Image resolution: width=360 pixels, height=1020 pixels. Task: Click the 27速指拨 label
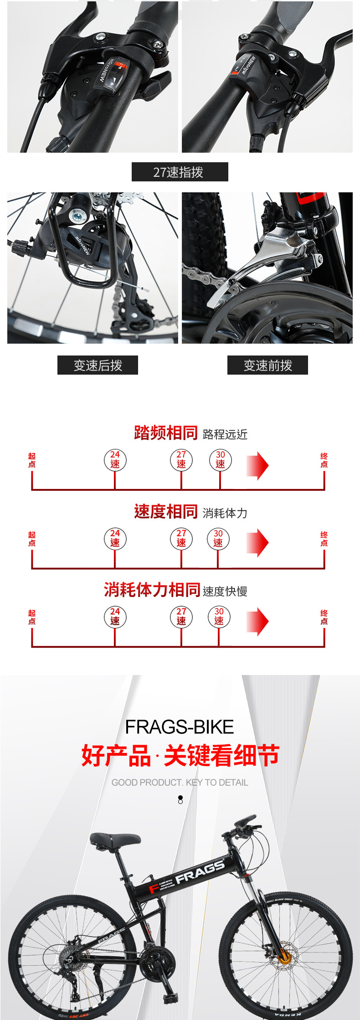pyautogui.click(x=180, y=172)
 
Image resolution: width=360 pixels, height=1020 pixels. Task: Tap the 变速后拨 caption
pyautogui.click(x=98, y=365)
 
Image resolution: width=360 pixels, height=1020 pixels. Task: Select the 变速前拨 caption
pyautogui.click(x=267, y=365)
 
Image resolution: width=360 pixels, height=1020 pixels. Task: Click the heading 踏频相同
pyautogui.click(x=166, y=433)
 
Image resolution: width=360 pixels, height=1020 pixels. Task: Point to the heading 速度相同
pyautogui.click(x=166, y=511)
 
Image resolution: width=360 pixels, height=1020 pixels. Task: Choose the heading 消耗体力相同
pyautogui.click(x=152, y=590)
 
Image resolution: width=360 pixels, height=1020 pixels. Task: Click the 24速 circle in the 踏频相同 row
pyautogui.click(x=115, y=459)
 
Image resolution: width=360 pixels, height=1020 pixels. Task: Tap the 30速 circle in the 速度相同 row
pyautogui.click(x=218, y=538)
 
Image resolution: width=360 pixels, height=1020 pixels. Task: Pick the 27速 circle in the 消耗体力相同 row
pyautogui.click(x=181, y=616)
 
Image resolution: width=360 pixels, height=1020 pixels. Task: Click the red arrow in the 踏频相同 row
pyautogui.click(x=257, y=465)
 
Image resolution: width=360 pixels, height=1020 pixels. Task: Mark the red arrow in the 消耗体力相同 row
pyautogui.click(x=257, y=622)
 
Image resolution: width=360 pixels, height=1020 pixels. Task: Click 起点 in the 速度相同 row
pyautogui.click(x=32, y=539)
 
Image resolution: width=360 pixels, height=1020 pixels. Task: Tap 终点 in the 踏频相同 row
pyautogui.click(x=324, y=460)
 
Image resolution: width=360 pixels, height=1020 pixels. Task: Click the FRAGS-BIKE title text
pyautogui.click(x=180, y=727)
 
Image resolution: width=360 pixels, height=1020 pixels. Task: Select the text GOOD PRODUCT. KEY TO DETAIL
pyautogui.click(x=180, y=783)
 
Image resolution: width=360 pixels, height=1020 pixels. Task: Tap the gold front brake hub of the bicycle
pyautogui.click(x=285, y=957)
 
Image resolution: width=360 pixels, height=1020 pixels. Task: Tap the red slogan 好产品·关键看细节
pyautogui.click(x=180, y=755)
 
